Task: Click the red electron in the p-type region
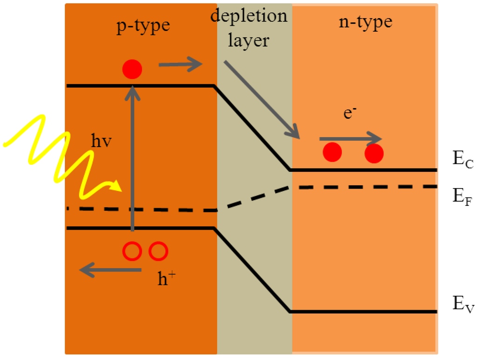click(132, 70)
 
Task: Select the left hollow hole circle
click(132, 251)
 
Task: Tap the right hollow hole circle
click(158, 251)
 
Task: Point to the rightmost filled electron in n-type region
click(374, 153)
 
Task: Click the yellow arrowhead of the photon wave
click(116, 188)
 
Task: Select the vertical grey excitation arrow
click(132, 158)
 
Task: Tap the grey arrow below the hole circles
click(110, 270)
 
